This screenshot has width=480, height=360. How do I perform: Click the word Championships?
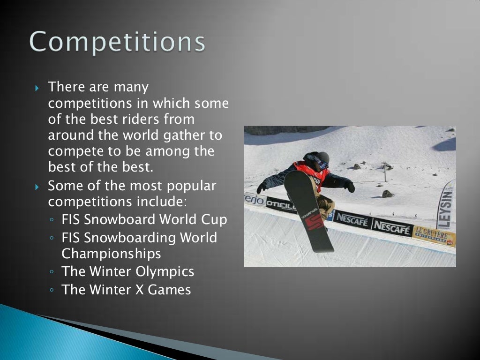[x=111, y=254]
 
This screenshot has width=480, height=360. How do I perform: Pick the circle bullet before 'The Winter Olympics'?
[x=52, y=272]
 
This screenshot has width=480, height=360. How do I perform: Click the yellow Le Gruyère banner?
[x=433, y=236]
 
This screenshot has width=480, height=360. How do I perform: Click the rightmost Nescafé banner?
[x=392, y=228]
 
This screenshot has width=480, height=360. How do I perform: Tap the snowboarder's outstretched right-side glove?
[x=350, y=187]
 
